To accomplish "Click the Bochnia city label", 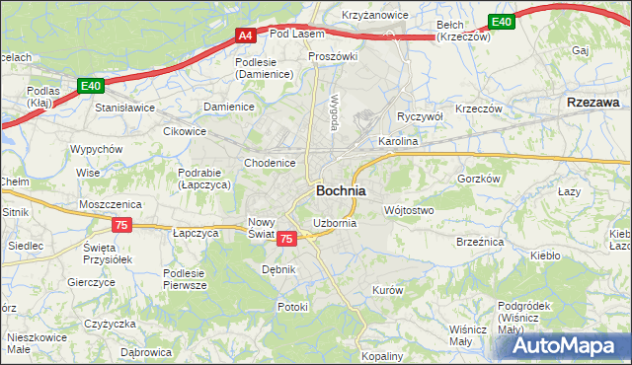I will tap(341, 190).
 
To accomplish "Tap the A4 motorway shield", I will tap(247, 36).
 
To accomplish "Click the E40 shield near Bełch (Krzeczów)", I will tap(502, 22).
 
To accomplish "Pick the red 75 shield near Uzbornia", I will tap(286, 239).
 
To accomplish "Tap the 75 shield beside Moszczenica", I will tap(121, 225).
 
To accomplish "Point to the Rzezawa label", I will tap(593, 102).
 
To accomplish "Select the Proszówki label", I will tap(332, 56).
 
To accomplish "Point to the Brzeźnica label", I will tap(481, 241).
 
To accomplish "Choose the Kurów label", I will tap(387, 290).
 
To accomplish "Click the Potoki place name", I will tap(292, 307).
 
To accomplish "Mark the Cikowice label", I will tap(186, 129).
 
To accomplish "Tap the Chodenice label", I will tap(270, 163).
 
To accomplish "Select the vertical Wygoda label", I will tap(335, 112).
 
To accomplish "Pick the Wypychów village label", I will tap(96, 149).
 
